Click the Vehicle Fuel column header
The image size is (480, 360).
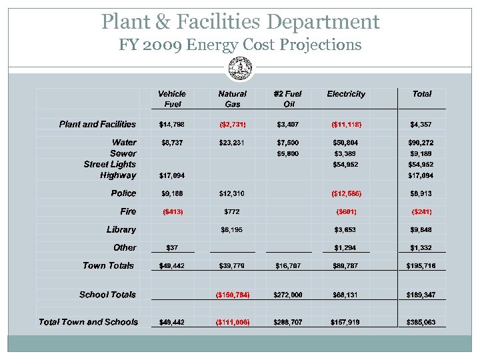point(172,99)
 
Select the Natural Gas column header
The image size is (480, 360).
point(232,99)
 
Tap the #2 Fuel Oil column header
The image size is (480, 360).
point(288,99)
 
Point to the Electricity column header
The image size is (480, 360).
point(346,94)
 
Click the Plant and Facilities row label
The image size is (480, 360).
point(97,124)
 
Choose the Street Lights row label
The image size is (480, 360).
point(109,164)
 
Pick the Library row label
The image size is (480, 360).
point(121,229)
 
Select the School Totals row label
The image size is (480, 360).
point(107,294)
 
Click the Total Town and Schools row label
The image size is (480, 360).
point(88,322)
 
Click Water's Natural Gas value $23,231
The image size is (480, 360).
point(232,142)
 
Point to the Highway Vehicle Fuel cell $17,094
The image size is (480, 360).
point(172,176)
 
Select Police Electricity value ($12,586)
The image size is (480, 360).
point(346,194)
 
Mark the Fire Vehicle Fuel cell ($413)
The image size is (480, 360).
point(172,212)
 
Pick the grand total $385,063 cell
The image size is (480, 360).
point(421,323)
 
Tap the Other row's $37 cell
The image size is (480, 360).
point(172,248)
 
